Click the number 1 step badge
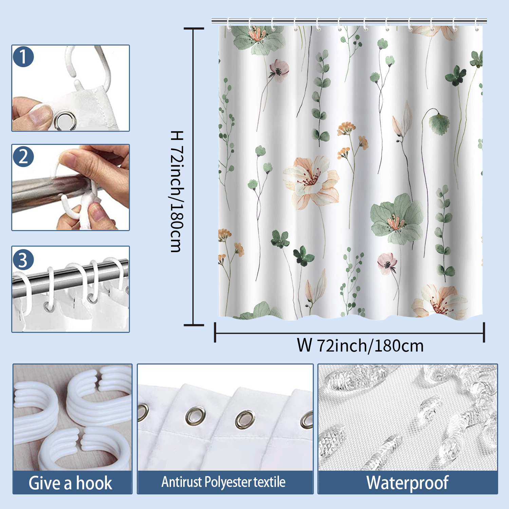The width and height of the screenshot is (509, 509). coord(23,57)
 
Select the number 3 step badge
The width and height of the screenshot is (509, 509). coord(23,260)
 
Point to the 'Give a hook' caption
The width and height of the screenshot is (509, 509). coord(71,483)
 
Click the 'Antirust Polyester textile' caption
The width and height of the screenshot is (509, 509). coord(224,482)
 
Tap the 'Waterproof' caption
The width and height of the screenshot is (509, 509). coord(408,483)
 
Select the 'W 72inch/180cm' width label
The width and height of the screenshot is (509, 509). coord(360,345)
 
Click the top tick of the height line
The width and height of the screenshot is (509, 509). coord(194,29)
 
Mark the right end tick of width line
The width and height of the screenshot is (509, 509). coord(484,333)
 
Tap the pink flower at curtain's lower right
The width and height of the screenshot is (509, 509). coord(387,263)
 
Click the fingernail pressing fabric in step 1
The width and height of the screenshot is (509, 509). coord(39,113)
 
